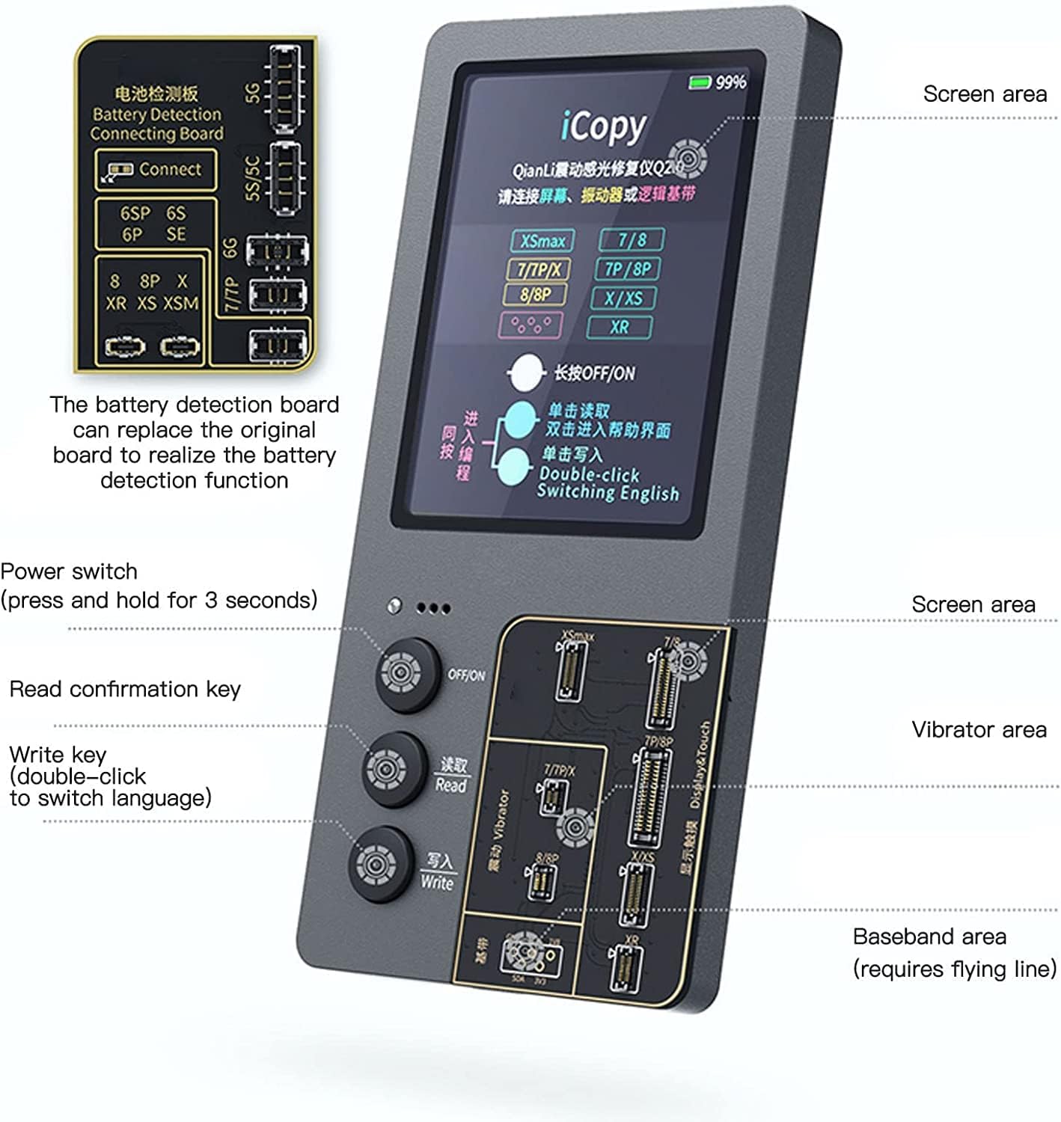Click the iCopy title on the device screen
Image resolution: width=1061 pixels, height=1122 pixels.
point(603,127)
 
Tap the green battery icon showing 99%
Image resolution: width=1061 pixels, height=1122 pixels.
point(700,82)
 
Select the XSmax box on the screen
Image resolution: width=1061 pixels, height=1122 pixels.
point(542,241)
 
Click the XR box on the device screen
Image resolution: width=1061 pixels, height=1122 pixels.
point(620,327)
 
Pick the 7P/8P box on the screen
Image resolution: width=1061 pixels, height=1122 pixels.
point(628,269)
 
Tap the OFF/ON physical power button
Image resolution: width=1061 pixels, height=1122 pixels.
point(407,673)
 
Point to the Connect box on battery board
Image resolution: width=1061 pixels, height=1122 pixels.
point(156,170)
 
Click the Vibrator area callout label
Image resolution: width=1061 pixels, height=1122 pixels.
point(979,729)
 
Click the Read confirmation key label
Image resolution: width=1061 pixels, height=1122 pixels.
point(125,689)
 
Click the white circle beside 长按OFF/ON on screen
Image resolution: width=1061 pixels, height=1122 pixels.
point(526,373)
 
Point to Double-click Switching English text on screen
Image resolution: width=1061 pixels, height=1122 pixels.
point(608,484)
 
